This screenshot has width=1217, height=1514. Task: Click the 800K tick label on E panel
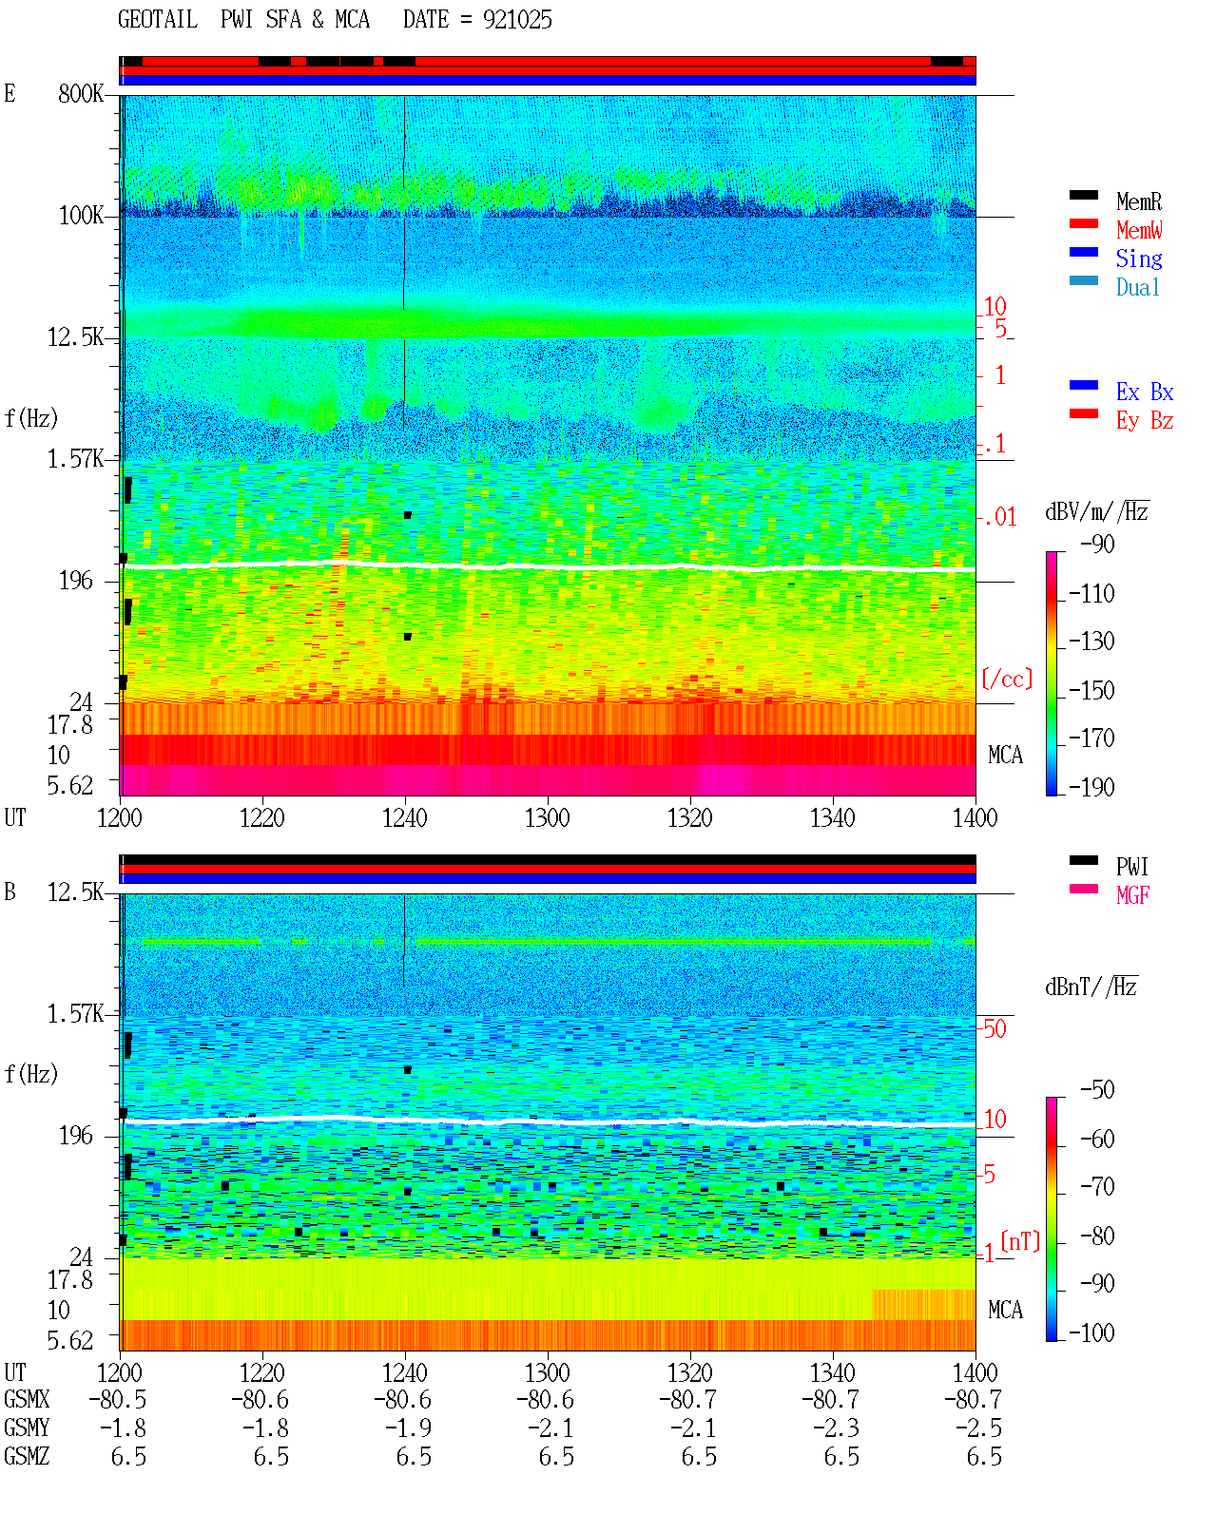tap(81, 93)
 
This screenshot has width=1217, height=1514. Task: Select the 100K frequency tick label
tap(81, 216)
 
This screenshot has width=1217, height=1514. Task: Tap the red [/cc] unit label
tap(1007, 679)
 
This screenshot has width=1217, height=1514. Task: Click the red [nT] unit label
tap(1020, 1241)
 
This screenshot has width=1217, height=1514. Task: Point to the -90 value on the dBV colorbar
tap(1097, 544)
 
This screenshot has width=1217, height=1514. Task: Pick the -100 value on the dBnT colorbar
tap(1091, 1332)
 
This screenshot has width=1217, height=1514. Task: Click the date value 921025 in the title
tap(517, 20)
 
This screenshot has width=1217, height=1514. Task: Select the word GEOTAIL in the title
tap(158, 20)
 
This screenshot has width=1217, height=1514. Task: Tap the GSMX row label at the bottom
tap(27, 1399)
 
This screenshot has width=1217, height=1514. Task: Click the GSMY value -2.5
tap(977, 1428)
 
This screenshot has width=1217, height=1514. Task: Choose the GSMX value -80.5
tap(118, 1399)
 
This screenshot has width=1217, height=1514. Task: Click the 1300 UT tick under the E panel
tap(547, 818)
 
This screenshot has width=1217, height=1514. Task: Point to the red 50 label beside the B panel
tap(995, 1028)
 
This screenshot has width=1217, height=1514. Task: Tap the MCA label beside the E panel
tap(1005, 756)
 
